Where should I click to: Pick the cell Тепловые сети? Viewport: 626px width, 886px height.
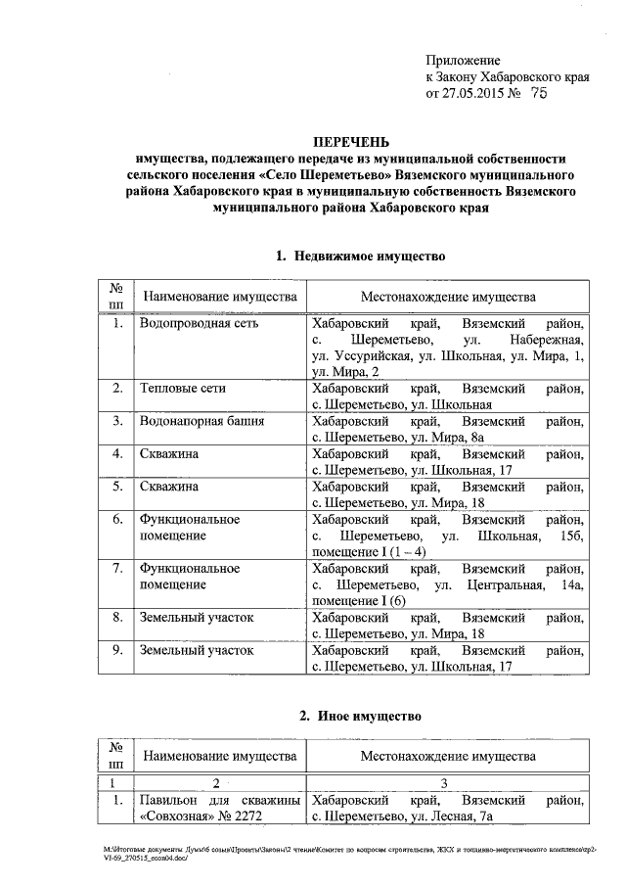pyautogui.click(x=183, y=389)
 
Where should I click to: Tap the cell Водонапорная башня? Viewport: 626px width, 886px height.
pyautogui.click(x=201, y=421)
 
